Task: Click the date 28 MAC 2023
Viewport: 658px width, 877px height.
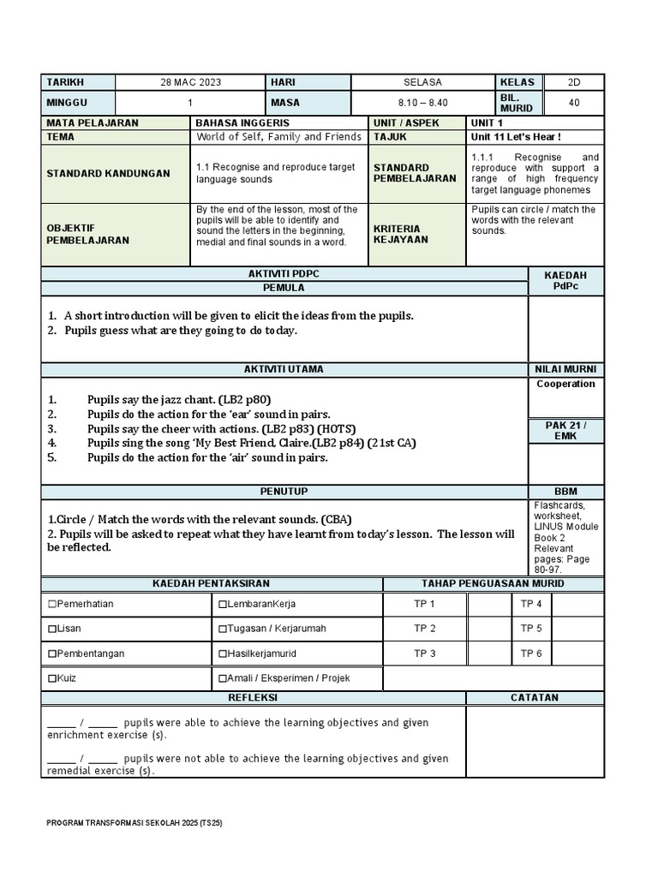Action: click(190, 82)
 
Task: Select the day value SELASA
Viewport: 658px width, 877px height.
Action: click(423, 82)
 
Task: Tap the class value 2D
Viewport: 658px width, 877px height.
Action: click(573, 82)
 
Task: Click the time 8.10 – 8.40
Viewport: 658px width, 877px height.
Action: click(423, 103)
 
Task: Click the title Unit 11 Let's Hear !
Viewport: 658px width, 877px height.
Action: click(516, 137)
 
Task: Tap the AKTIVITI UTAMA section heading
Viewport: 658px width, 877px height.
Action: click(284, 369)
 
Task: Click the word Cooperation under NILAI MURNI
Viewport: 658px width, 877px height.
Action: click(565, 384)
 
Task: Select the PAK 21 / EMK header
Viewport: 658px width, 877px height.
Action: click(565, 431)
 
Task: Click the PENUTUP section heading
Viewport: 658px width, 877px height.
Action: click(284, 492)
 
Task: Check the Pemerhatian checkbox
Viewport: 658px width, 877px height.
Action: click(52, 605)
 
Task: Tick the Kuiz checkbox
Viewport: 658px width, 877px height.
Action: click(52, 678)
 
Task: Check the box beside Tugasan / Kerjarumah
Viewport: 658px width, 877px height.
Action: click(223, 629)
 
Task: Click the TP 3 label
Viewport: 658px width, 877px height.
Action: click(425, 653)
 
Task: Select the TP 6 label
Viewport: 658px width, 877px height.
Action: click(531, 653)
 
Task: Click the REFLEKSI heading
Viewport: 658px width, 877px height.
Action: click(253, 698)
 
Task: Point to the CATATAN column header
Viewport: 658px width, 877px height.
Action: click(535, 698)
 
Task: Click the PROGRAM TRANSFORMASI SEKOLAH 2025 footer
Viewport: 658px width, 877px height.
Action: click(135, 823)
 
